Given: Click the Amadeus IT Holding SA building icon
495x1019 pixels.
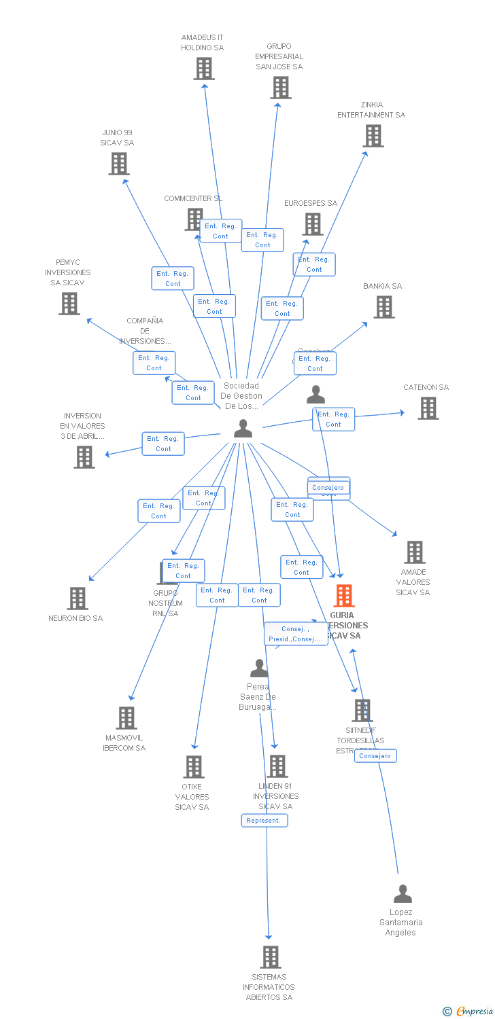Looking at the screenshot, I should click(x=204, y=69).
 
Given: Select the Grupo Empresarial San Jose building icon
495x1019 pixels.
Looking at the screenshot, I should click(x=281, y=88).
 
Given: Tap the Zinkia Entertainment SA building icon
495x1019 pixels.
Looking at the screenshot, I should click(x=373, y=136).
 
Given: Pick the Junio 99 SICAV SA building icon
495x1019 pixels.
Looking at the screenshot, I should click(x=119, y=164).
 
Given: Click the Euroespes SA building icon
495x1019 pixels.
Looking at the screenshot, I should click(x=312, y=224).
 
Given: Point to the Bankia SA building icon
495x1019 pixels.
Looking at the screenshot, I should click(x=384, y=307).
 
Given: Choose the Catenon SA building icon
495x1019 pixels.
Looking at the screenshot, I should click(x=428, y=408).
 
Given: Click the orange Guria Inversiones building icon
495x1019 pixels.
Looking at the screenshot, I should click(x=344, y=596).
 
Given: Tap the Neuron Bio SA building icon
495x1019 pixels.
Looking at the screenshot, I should click(x=78, y=598).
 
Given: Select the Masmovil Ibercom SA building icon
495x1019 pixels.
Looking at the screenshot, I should click(x=126, y=718).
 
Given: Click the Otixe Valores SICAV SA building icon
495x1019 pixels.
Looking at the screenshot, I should click(x=194, y=767).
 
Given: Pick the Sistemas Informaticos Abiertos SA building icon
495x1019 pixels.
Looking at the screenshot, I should click(x=271, y=957).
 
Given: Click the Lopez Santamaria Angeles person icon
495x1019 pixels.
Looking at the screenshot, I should click(x=403, y=894).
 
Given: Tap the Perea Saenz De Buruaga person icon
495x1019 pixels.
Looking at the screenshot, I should click(x=259, y=668).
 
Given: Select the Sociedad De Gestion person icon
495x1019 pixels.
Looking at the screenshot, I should click(x=243, y=429).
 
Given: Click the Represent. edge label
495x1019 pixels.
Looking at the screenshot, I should click(x=264, y=821).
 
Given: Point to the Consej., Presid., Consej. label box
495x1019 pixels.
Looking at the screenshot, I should click(x=296, y=634).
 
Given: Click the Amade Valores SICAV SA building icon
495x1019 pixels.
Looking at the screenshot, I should click(x=415, y=552).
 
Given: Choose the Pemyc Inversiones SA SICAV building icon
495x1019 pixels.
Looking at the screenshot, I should click(x=69, y=304).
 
